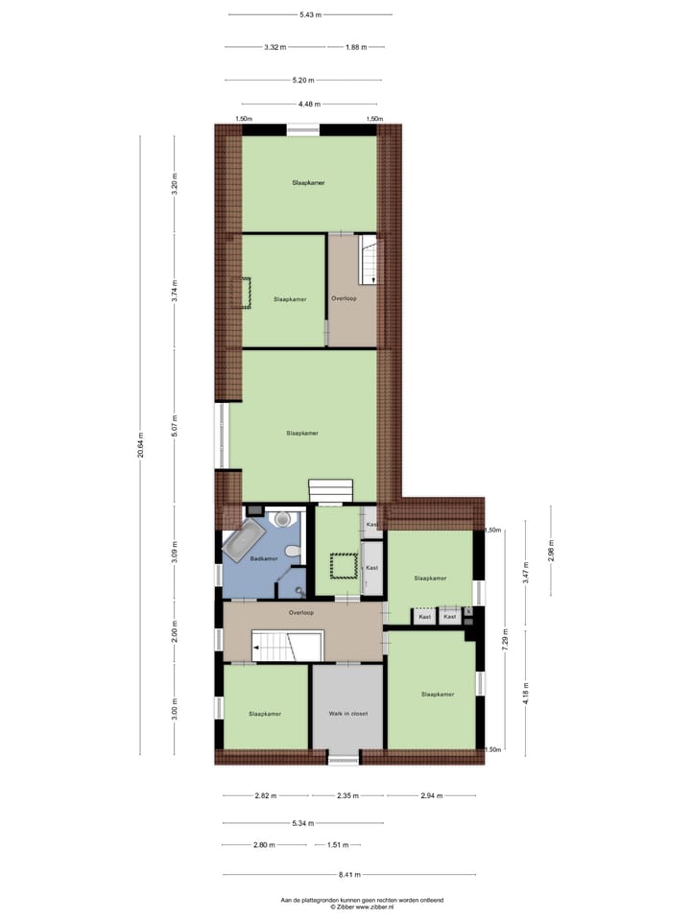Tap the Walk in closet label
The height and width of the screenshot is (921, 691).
click(348, 714)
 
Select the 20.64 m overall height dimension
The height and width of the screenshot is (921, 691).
click(140, 444)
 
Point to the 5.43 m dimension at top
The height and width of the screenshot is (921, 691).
click(309, 14)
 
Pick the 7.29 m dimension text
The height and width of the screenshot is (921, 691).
click(505, 637)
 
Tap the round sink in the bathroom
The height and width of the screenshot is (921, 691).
click(282, 519)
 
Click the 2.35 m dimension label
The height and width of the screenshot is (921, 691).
click(349, 795)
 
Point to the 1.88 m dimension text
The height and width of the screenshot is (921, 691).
click(354, 47)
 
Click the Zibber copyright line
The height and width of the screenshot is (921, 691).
click(348, 907)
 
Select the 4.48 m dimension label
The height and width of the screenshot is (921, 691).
click(309, 104)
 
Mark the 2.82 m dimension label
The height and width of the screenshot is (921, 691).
click(266, 795)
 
